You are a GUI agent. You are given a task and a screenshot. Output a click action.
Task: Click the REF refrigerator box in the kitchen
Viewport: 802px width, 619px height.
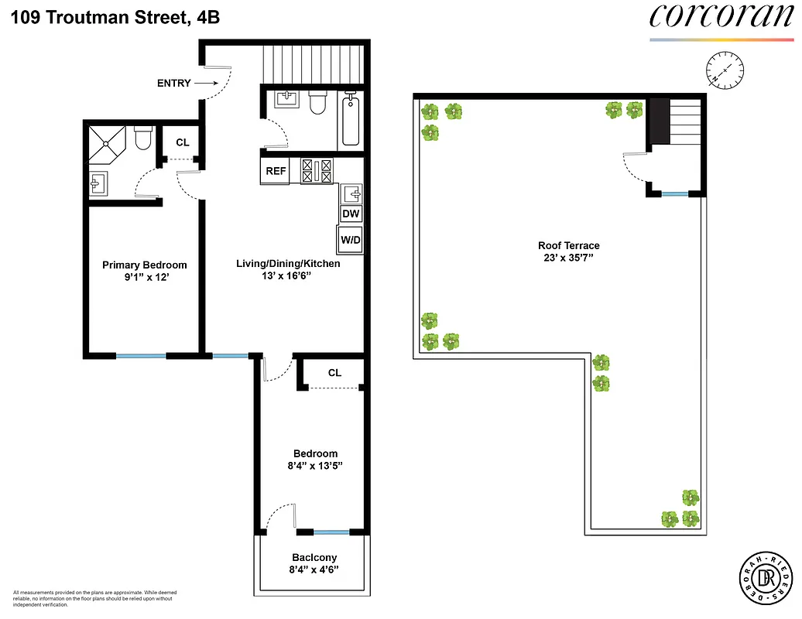tap(276, 172)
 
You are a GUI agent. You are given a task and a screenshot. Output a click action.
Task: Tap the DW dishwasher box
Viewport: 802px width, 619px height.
tap(351, 214)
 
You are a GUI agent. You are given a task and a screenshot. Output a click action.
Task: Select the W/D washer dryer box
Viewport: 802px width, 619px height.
tap(350, 240)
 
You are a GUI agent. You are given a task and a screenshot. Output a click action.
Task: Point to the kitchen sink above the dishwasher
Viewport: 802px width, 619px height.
tap(351, 193)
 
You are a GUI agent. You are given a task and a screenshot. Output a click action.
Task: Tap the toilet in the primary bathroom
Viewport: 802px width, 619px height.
tap(142, 139)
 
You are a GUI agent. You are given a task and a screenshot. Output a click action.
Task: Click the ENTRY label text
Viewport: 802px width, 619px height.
tap(173, 83)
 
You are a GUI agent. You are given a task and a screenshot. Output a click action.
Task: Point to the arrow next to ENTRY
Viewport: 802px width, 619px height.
tap(205, 82)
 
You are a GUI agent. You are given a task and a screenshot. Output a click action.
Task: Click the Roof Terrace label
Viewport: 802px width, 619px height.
tap(569, 246)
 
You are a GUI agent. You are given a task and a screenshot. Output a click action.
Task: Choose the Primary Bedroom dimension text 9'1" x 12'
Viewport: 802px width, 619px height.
tap(145, 277)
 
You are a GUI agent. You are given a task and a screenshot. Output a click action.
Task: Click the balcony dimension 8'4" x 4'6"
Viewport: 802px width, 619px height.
tap(314, 570)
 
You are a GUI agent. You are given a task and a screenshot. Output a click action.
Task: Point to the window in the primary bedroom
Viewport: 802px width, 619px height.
tap(141, 356)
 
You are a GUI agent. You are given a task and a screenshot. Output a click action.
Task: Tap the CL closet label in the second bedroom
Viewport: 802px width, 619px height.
tap(334, 373)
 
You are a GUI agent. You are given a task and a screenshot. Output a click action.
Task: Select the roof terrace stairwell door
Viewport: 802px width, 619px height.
tap(635, 166)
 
